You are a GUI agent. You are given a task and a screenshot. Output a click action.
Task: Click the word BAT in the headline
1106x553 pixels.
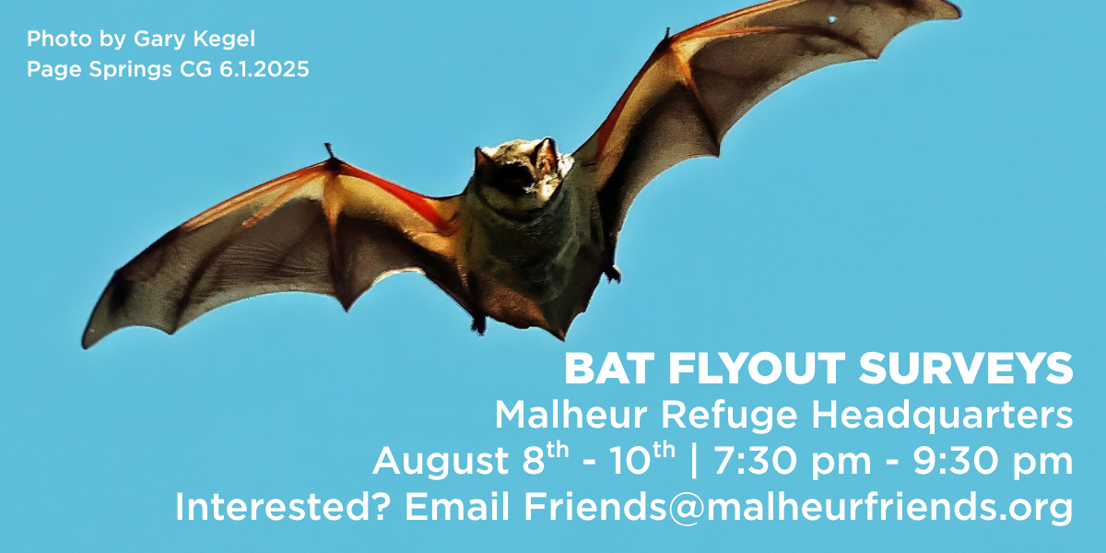[609, 369]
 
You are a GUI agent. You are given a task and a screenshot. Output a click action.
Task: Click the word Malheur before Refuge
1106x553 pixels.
[571, 415]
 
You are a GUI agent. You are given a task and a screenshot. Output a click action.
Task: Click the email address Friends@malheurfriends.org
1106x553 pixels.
[798, 508]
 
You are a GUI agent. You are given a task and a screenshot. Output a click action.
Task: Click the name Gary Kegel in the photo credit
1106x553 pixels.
[194, 40]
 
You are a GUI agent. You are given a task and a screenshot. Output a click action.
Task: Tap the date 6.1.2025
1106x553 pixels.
[265, 69]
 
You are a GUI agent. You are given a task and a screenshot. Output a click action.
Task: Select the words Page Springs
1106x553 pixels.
[100, 70]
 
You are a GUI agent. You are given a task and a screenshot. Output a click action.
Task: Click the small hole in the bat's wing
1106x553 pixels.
[832, 19]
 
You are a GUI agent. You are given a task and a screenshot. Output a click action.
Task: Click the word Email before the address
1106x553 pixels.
[457, 507]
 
